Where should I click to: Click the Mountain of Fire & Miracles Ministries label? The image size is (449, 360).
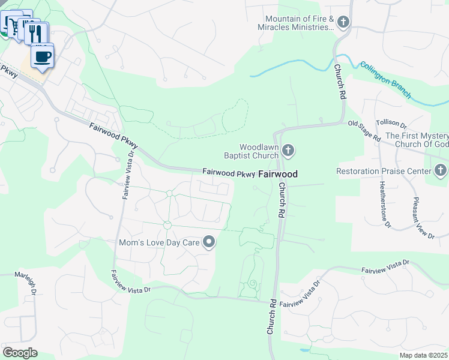296,23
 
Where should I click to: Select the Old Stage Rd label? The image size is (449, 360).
364,130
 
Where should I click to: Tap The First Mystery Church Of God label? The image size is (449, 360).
417,140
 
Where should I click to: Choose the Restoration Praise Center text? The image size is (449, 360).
384,171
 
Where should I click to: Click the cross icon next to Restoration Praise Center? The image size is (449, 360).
441,171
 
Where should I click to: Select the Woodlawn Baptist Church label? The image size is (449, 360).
259,151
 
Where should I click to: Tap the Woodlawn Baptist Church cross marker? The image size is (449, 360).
288,151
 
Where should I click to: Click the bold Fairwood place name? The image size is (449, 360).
278,174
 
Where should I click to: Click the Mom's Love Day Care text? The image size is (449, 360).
158,242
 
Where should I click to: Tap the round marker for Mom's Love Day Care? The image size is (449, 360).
209,242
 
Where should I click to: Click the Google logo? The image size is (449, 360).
20,353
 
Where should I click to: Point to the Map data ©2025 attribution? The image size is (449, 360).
423,355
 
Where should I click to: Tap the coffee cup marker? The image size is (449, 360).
42,57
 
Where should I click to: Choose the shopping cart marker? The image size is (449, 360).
11,23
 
